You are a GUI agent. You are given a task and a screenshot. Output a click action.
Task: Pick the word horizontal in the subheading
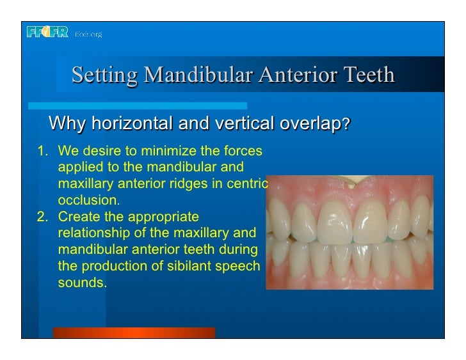click(x=132, y=123)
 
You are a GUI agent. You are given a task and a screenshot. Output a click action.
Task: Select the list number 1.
click(x=41, y=152)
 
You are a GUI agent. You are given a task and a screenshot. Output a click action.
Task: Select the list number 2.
click(x=41, y=217)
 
